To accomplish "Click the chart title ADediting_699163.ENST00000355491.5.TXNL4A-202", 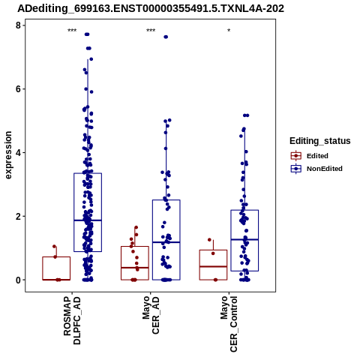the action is point(151,9).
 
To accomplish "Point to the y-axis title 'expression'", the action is point(8,155).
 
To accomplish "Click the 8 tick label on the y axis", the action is point(19,25).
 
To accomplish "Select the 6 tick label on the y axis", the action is point(19,89).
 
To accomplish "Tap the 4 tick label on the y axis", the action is point(19,152).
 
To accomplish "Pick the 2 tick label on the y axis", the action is point(19,216).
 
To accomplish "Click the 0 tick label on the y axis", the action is point(19,280).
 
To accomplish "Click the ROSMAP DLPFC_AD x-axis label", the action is point(72,320).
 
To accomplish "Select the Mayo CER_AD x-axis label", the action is point(151,315).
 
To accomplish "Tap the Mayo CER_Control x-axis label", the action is point(229,324).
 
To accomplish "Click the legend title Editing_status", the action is point(319,141).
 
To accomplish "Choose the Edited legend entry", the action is point(310,156).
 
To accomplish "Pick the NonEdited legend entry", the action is point(316,169).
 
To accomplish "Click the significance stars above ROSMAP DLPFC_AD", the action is point(72,31).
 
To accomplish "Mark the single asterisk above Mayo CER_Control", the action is point(229,31).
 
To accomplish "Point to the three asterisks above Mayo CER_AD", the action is point(151,31).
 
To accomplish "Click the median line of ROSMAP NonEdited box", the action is point(88,220).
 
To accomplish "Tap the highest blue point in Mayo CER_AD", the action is point(166,37).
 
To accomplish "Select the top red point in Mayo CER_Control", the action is point(209,240).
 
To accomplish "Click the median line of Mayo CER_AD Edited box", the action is point(135,268).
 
